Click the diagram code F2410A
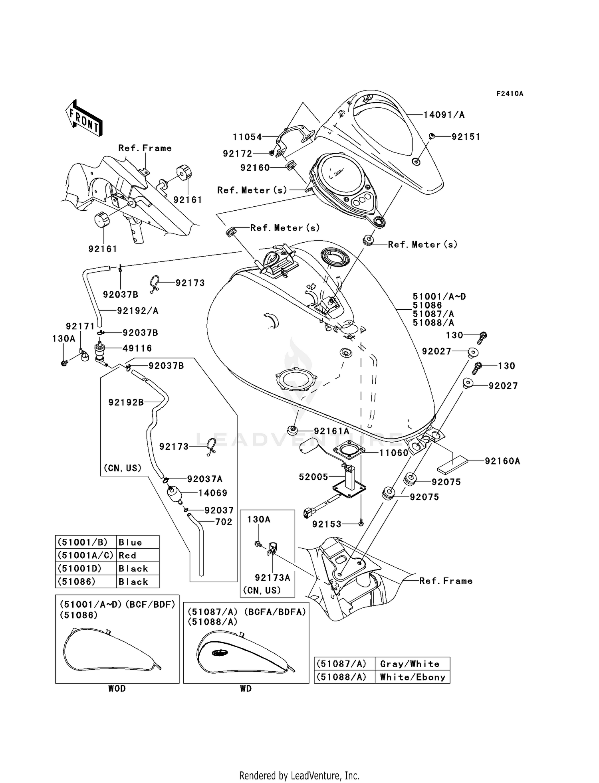pos(510,94)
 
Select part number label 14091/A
pos(444,115)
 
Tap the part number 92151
pos(466,136)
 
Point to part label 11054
pos(247,137)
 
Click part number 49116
pos(137,348)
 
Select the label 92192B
pos(126,402)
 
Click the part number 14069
pos(212,493)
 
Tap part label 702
pos(224,522)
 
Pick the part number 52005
pos(313,477)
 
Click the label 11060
pos(394,453)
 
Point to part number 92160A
pos(502,461)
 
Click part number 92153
pos(327,524)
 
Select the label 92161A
pos(331,431)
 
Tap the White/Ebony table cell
pos(412,677)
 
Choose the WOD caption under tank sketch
pos(117,688)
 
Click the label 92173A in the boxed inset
pos(272,577)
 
